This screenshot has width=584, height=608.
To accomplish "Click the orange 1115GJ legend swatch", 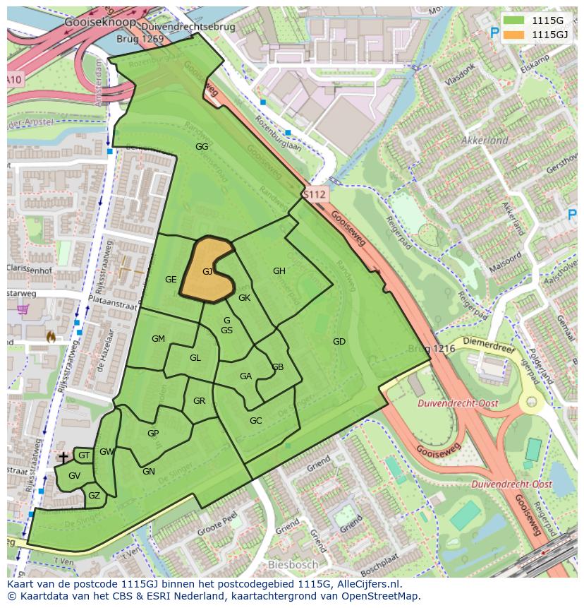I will click(515, 34).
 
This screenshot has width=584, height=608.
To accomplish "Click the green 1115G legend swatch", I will click(515, 20).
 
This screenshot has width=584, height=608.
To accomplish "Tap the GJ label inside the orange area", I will click(207, 271).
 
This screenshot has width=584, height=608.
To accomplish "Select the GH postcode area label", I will click(279, 271).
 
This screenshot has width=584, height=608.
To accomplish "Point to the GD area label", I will click(339, 342).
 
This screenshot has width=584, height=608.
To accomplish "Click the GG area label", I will click(202, 147).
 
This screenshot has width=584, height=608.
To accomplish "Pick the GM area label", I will click(158, 339).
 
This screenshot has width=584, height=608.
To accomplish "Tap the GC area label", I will click(255, 421).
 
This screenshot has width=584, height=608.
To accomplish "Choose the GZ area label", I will click(94, 496).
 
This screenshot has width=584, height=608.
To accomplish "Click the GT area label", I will click(84, 455).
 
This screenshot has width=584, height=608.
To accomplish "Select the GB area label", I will click(278, 367).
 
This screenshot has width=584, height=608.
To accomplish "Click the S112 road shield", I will click(314, 194).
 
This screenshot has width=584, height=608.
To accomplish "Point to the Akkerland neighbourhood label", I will click(485, 141).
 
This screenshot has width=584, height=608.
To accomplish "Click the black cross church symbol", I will click(63, 458).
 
